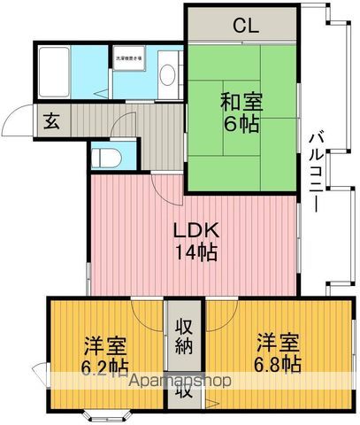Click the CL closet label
click(244, 25)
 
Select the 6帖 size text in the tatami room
click(240, 124)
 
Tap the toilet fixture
click(104, 158)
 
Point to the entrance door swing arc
click(19, 119)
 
